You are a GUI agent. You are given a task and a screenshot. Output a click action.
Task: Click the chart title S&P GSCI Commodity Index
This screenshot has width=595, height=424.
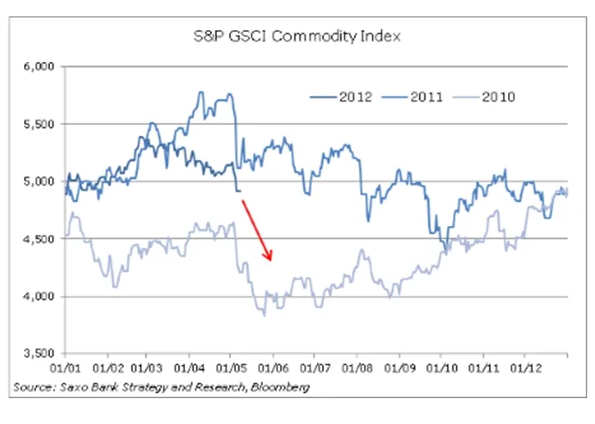(x=298, y=36)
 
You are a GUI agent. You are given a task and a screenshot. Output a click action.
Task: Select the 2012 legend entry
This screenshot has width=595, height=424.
(x=342, y=96)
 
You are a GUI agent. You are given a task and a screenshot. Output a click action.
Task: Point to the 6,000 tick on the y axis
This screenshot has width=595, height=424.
(x=37, y=65)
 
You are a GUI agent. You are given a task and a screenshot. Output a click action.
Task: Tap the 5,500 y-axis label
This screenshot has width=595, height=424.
(x=37, y=124)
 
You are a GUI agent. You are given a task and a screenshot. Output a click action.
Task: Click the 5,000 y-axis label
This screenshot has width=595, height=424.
(x=37, y=181)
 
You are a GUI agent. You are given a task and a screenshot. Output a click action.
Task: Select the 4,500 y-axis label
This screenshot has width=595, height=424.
(x=37, y=240)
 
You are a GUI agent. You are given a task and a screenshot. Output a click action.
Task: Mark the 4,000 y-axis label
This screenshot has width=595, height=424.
(x=37, y=298)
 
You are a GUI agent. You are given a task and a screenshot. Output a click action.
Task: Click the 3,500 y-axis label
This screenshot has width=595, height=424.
(x=37, y=353)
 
